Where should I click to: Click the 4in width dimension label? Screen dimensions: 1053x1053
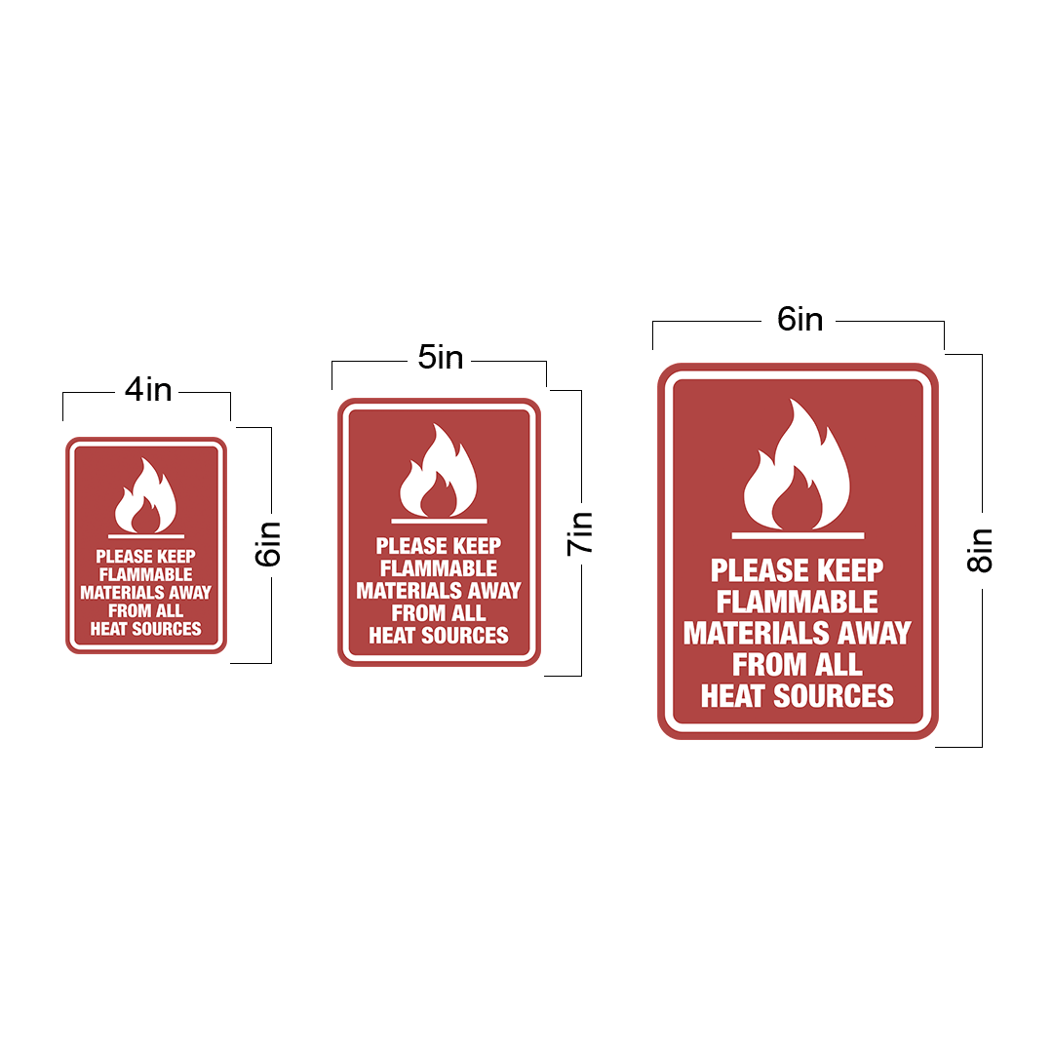coord(148,389)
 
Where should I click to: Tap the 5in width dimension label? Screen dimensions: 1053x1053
coord(441,357)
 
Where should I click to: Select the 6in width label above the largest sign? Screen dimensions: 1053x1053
coord(799,319)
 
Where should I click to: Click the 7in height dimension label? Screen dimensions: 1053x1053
coord(579,534)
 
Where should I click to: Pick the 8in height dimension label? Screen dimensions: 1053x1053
coord(979,551)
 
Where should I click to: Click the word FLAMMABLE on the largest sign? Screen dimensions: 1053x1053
coord(798,602)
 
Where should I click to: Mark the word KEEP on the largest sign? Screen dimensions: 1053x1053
coord(849,570)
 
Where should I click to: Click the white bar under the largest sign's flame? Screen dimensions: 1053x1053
coord(798,535)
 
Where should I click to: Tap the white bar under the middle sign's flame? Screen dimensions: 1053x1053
coord(439,521)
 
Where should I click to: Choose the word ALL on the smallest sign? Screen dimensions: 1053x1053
coord(170,610)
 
